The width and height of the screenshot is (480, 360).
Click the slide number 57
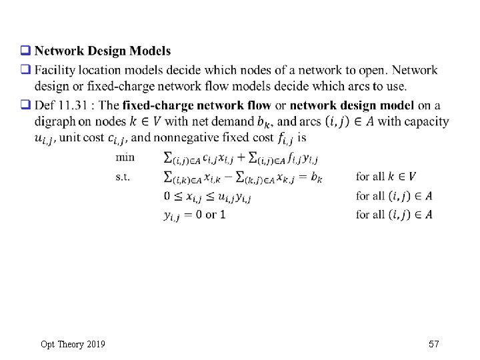click(x=435, y=344)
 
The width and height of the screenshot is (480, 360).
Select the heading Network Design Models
click(x=103, y=51)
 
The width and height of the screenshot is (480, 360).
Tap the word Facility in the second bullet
click(x=53, y=70)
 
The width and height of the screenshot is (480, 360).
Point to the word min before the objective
click(x=125, y=157)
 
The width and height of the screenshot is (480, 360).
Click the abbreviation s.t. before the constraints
click(x=123, y=177)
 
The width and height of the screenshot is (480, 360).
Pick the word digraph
click(x=53, y=121)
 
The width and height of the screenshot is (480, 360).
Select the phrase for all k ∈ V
click(x=386, y=177)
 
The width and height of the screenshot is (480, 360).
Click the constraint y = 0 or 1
click(x=194, y=215)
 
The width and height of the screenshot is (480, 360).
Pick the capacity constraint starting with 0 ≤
click(x=207, y=196)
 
